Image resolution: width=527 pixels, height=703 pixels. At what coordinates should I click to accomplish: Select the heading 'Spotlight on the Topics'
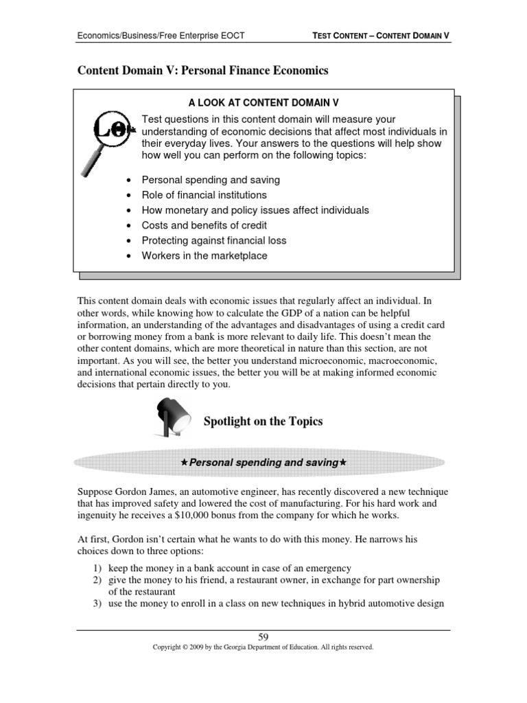click(263, 422)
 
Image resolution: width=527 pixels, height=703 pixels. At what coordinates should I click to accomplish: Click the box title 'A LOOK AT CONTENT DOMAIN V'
click(264, 103)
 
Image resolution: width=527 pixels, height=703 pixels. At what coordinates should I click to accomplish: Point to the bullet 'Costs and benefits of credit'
click(204, 225)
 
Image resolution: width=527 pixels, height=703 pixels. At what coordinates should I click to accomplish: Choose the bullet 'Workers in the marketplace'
click(204, 255)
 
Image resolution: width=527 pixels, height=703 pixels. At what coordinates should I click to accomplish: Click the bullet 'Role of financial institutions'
click(204, 195)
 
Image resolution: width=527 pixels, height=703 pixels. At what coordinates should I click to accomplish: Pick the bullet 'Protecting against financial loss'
click(213, 240)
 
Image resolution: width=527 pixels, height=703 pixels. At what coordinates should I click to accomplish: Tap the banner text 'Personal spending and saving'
click(263, 463)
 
